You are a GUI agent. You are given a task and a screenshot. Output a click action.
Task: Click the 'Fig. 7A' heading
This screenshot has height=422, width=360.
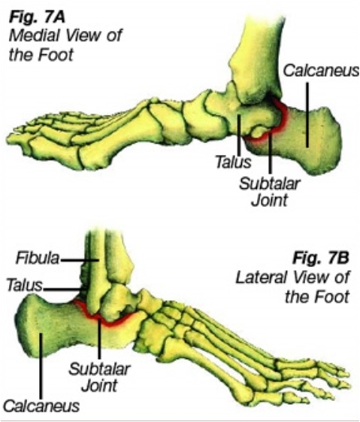[37, 18]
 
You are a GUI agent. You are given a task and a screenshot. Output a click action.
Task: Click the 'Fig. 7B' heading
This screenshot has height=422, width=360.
[321, 257]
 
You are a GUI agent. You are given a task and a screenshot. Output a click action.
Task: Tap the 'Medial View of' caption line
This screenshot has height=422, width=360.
[65, 36]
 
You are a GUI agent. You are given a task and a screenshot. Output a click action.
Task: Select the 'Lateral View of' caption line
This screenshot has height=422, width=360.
[292, 278]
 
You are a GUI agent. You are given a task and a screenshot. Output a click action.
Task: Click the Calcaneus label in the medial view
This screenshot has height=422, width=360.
[321, 71]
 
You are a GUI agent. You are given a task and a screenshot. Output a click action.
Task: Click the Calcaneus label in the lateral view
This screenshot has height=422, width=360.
[41, 405]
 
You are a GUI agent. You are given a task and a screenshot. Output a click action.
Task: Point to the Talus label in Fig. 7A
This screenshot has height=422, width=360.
[234, 162]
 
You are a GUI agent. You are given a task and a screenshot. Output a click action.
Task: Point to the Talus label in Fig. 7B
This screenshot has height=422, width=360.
[25, 285]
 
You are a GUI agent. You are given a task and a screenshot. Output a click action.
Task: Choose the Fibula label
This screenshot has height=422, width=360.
[38, 258]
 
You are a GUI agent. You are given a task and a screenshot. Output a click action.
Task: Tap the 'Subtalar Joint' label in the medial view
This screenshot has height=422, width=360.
[270, 192]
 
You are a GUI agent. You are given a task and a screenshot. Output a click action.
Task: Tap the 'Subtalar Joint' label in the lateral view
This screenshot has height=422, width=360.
[100, 377]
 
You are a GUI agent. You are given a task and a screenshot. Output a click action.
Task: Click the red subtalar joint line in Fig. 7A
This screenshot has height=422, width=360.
[283, 118]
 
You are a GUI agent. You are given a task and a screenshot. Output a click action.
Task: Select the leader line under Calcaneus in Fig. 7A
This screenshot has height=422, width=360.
[307, 115]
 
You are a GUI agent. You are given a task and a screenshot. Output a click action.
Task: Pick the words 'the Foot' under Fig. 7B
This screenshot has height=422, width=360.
[317, 297]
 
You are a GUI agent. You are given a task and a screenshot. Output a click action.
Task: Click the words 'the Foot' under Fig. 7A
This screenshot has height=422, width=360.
[41, 56]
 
